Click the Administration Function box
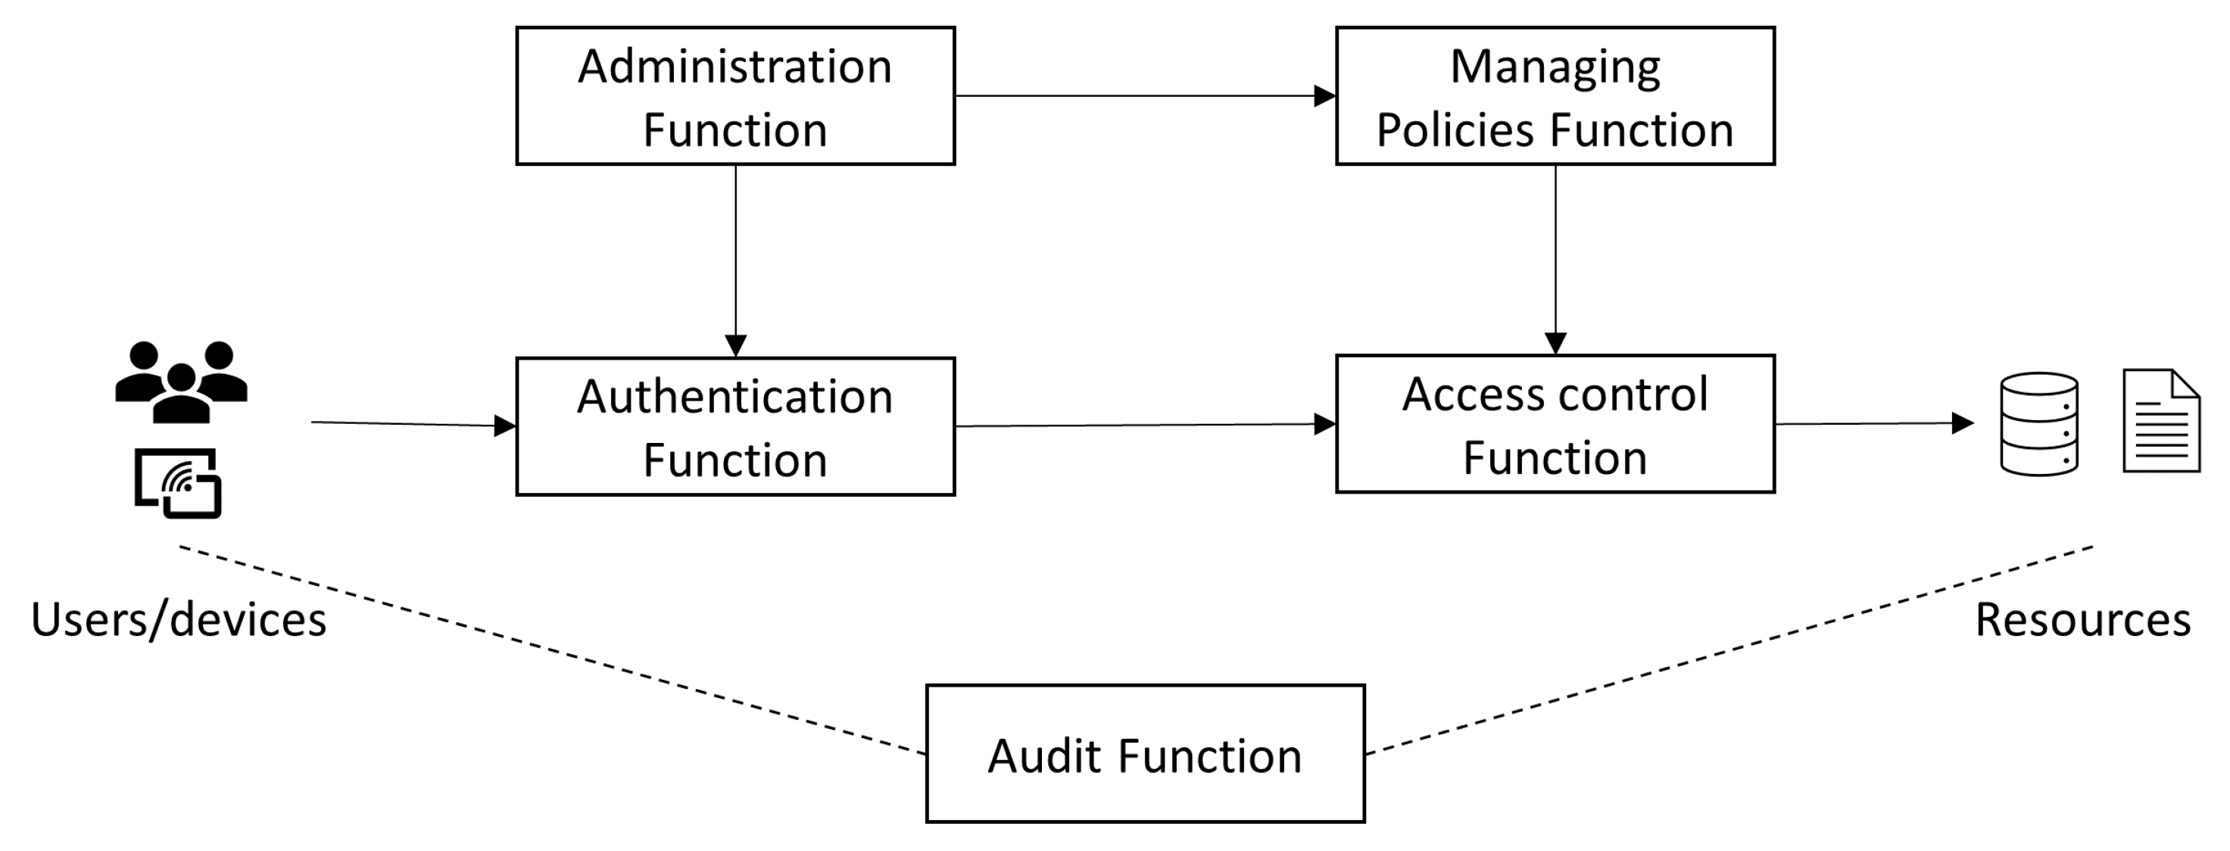tap(735, 96)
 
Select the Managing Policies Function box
tap(1555, 96)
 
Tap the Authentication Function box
tap(735, 426)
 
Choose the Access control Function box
tap(1555, 424)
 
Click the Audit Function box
tap(1144, 753)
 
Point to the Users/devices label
tap(179, 620)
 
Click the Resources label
tap(2082, 620)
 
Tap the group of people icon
tap(181, 382)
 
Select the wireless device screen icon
tap(179, 483)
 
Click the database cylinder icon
tap(2038, 424)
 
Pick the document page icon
tap(2161, 422)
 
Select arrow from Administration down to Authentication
tap(735, 260)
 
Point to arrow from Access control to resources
tap(1870, 423)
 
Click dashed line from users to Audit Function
tap(554, 650)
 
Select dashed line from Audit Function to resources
tap(1731, 650)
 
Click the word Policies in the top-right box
tap(1456, 130)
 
